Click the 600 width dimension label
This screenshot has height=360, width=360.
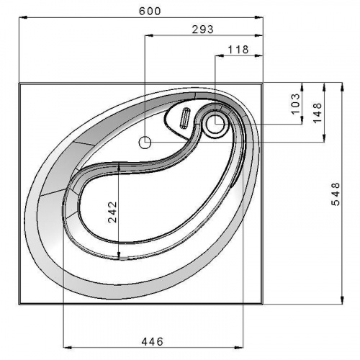pos(150,11)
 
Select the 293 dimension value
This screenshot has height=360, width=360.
pos(202,30)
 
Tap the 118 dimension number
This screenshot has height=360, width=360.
pos(238,50)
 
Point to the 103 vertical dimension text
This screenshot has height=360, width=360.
pos(296,104)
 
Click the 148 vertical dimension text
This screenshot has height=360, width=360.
pos(317,113)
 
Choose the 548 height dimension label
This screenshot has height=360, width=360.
pos(336,194)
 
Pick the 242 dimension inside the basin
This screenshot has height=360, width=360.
pos(112,212)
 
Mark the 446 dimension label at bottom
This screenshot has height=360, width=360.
pos(152,341)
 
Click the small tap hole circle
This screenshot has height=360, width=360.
pos(145,143)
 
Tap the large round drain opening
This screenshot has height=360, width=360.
pos(215,124)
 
